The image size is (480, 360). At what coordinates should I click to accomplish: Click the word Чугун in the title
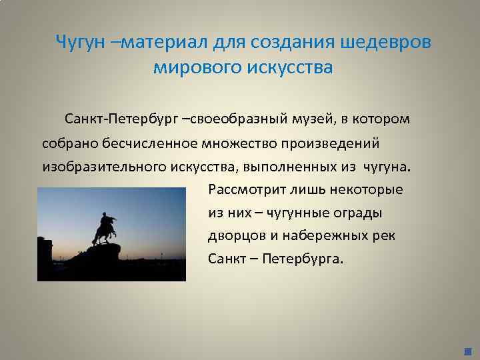(77, 42)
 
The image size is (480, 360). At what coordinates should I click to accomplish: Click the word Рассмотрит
(243, 189)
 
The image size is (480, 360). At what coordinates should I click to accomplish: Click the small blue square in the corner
(467, 351)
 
